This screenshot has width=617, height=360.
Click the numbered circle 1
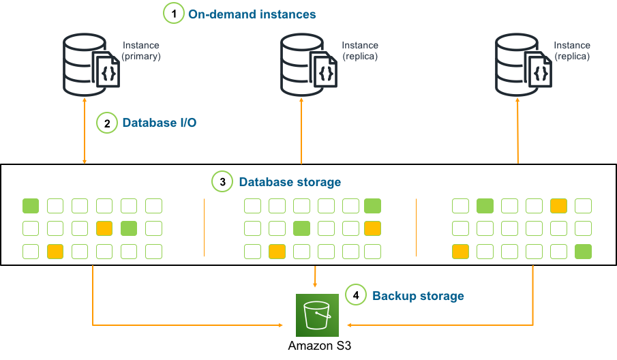[174, 13]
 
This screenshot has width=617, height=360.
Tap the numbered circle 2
[107, 123]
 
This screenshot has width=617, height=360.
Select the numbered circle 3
[222, 182]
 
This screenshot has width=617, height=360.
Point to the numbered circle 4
[355, 295]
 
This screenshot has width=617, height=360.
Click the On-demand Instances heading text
[252, 14]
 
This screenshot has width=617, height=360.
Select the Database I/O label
[160, 123]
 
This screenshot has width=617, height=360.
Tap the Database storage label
[290, 182]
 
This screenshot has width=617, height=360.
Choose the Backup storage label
[418, 296]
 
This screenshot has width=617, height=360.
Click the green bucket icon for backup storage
[317, 316]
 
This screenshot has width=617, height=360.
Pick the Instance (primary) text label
[141, 51]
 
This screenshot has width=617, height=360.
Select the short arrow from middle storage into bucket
[314, 277]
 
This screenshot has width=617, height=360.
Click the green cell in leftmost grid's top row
[31, 206]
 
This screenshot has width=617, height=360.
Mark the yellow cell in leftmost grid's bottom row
[55, 252]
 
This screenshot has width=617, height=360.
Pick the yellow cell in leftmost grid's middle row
[104, 228]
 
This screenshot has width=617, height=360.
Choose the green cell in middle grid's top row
[372, 206]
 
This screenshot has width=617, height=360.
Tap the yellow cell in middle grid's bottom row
[277, 252]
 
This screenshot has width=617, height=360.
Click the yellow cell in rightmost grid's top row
[558, 206]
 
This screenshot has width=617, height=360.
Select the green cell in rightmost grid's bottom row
[583, 252]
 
